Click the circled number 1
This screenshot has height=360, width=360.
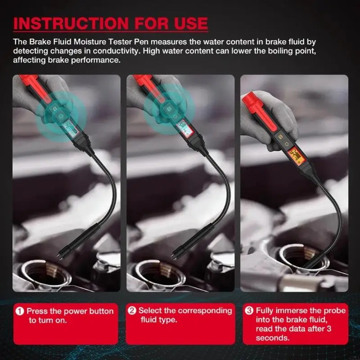[20, 311]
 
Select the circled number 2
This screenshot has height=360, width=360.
[132, 310]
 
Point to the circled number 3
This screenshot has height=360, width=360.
[249, 310]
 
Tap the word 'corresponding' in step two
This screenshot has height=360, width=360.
[205, 310]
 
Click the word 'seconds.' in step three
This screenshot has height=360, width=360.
[272, 338]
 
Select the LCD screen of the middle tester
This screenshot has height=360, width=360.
[184, 129]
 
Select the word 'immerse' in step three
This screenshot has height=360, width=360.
[289, 310]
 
